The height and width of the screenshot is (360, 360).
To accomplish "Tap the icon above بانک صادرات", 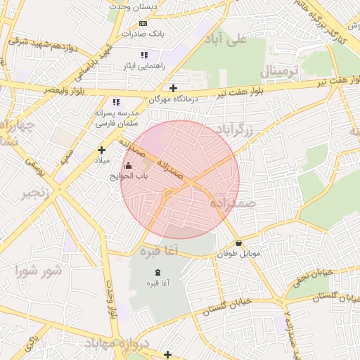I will click(143, 22).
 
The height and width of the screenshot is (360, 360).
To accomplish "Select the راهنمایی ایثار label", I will click(143, 65).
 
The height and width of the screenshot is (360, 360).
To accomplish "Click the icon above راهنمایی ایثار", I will click(144, 55).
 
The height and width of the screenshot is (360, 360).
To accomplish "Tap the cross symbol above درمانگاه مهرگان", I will click(173, 88).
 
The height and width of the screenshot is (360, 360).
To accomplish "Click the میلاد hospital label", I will click(103, 160).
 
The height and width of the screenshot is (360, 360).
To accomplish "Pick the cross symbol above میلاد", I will click(102, 150).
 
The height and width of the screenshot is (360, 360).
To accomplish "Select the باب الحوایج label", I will click(122, 176).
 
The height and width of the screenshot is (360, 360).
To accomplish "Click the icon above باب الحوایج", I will click(127, 166).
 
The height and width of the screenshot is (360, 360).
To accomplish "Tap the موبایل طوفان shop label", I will click(239, 254).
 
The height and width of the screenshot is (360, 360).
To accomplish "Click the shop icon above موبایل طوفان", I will click(239, 243).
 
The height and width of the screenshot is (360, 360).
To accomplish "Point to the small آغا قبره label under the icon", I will click(156, 283).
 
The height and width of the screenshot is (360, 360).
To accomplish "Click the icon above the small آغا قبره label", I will click(156, 272).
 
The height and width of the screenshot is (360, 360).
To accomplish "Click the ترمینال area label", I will click(280, 72).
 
